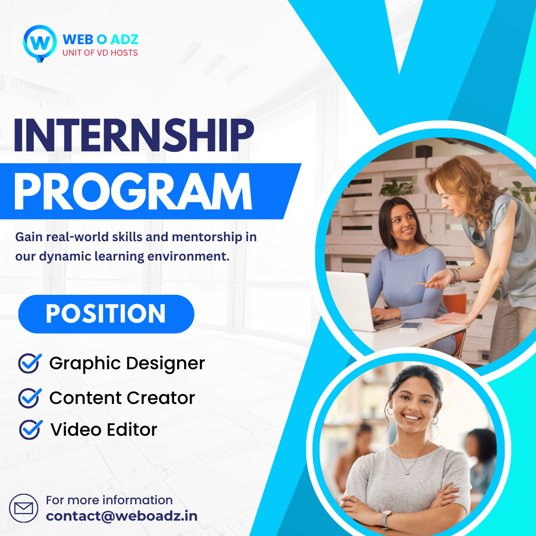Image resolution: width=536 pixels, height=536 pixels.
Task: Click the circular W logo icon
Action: point(40,43)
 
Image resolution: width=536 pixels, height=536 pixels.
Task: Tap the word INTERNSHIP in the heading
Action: point(134,135)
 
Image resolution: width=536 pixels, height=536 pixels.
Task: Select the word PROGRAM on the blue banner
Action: point(133,192)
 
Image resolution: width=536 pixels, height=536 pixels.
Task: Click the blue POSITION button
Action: point(106,314)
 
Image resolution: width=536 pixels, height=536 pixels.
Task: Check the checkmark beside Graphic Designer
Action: point(30,363)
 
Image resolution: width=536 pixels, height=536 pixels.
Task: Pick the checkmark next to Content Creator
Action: point(30,398)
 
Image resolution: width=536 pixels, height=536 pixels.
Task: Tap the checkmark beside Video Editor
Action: point(31,429)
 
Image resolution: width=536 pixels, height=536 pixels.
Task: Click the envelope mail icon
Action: point(24,508)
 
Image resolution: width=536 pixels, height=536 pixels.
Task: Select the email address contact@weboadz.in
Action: point(122,516)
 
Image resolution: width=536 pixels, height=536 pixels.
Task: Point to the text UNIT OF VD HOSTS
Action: point(100,53)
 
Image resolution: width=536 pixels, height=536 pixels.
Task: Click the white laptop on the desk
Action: point(355,301)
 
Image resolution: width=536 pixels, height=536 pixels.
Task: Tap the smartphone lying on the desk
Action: point(410,326)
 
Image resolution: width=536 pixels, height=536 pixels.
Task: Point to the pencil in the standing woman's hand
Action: point(427,284)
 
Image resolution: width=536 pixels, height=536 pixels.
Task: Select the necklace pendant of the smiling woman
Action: point(407,472)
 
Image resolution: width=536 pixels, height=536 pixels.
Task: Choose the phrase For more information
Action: point(109,500)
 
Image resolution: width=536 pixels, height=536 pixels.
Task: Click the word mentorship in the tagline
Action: point(207,237)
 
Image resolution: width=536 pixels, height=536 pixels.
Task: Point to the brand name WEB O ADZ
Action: point(100,40)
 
